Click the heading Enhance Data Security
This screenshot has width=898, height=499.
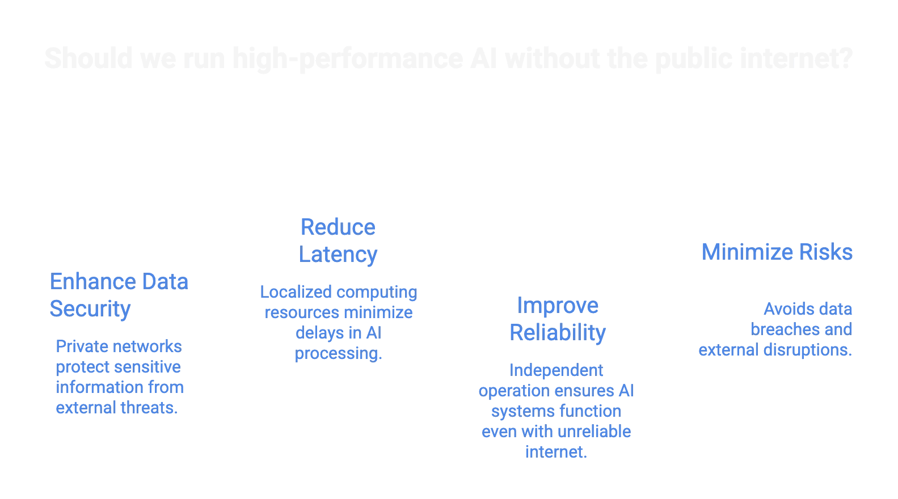point(119,295)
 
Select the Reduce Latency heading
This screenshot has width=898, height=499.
point(338,241)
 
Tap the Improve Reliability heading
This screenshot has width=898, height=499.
point(558,319)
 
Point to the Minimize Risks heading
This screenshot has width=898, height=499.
point(777,252)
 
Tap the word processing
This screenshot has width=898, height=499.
point(338,354)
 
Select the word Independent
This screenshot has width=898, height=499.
point(556,370)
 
